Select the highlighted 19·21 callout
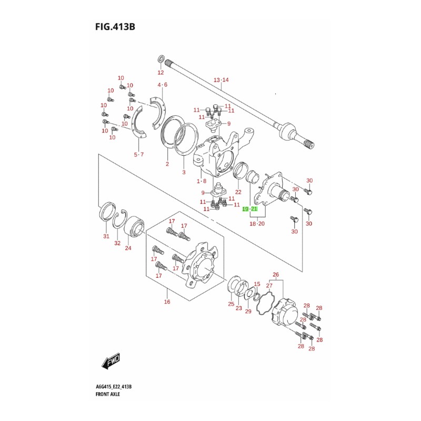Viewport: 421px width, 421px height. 250,209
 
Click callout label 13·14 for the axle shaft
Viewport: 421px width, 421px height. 221,80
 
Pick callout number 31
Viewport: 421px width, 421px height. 106,236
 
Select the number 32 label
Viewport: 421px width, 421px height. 117,243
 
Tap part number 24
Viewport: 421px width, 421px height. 128,248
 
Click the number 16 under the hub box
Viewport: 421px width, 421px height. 167,302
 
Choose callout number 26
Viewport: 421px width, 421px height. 275,274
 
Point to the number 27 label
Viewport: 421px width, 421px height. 269,286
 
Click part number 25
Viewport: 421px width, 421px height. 230,304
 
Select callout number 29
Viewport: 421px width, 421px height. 248,311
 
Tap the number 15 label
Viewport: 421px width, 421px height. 257,284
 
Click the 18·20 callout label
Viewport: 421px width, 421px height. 257,224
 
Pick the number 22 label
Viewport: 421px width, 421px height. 238,193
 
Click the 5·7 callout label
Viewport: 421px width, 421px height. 138,154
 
